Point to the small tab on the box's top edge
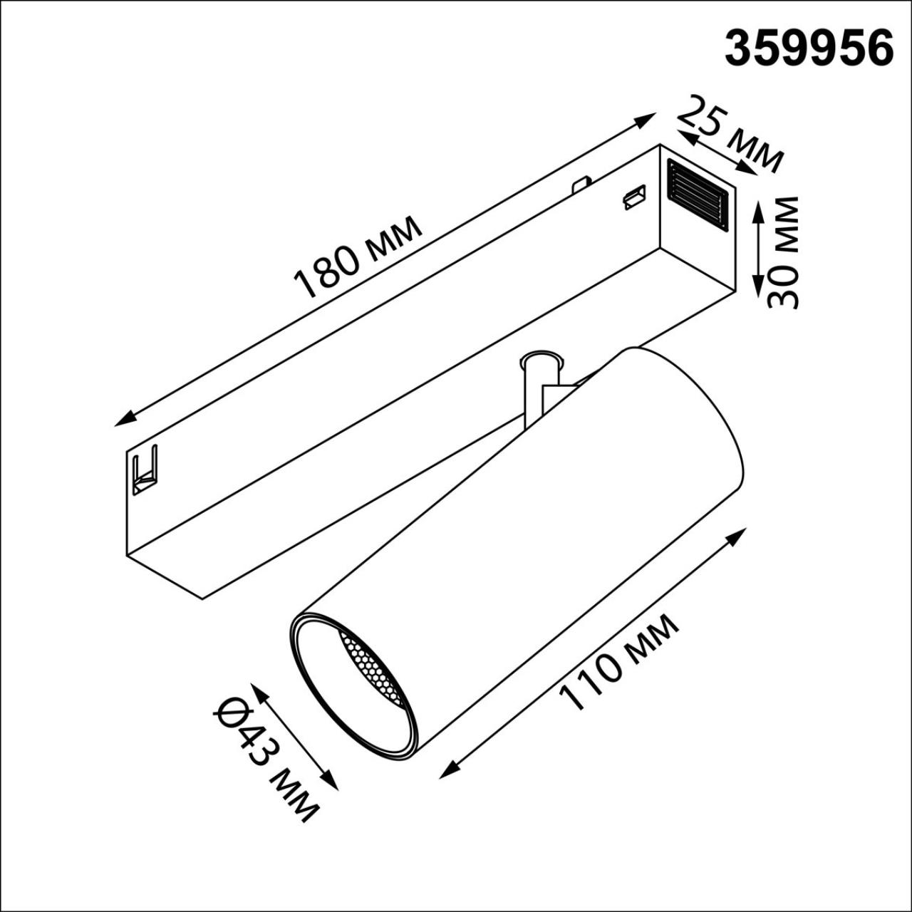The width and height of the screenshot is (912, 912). coord(581,184)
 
